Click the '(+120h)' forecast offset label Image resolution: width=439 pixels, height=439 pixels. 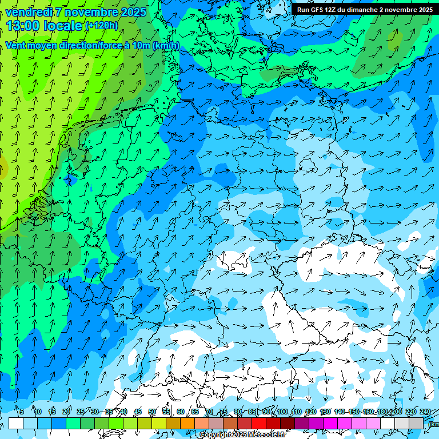(x=102, y=26)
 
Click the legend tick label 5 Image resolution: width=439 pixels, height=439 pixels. (x=22, y=412)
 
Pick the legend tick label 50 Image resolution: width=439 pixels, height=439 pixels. (x=152, y=412)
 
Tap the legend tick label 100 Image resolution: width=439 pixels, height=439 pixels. (x=282, y=412)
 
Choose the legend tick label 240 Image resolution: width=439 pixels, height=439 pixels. (x=425, y=412)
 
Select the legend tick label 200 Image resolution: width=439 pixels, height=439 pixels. (x=396, y=412)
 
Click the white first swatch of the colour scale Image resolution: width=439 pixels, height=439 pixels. (x=15, y=423)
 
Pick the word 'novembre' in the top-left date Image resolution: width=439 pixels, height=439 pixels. (x=91, y=12)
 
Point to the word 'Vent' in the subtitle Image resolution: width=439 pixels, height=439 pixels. (x=15, y=46)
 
